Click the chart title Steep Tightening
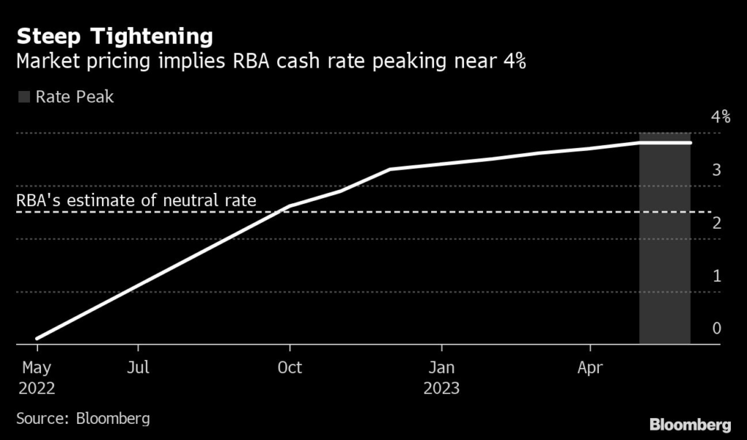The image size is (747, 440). (x=115, y=36)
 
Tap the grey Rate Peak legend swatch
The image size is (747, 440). (x=24, y=97)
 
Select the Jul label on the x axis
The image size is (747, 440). (x=138, y=368)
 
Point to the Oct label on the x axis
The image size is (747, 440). (x=290, y=368)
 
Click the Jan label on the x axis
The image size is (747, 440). (x=441, y=368)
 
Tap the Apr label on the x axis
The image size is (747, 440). (x=590, y=368)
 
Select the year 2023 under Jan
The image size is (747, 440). (x=441, y=388)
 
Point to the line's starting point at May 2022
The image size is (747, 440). (x=36, y=338)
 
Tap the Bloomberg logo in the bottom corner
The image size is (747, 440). (x=690, y=424)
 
